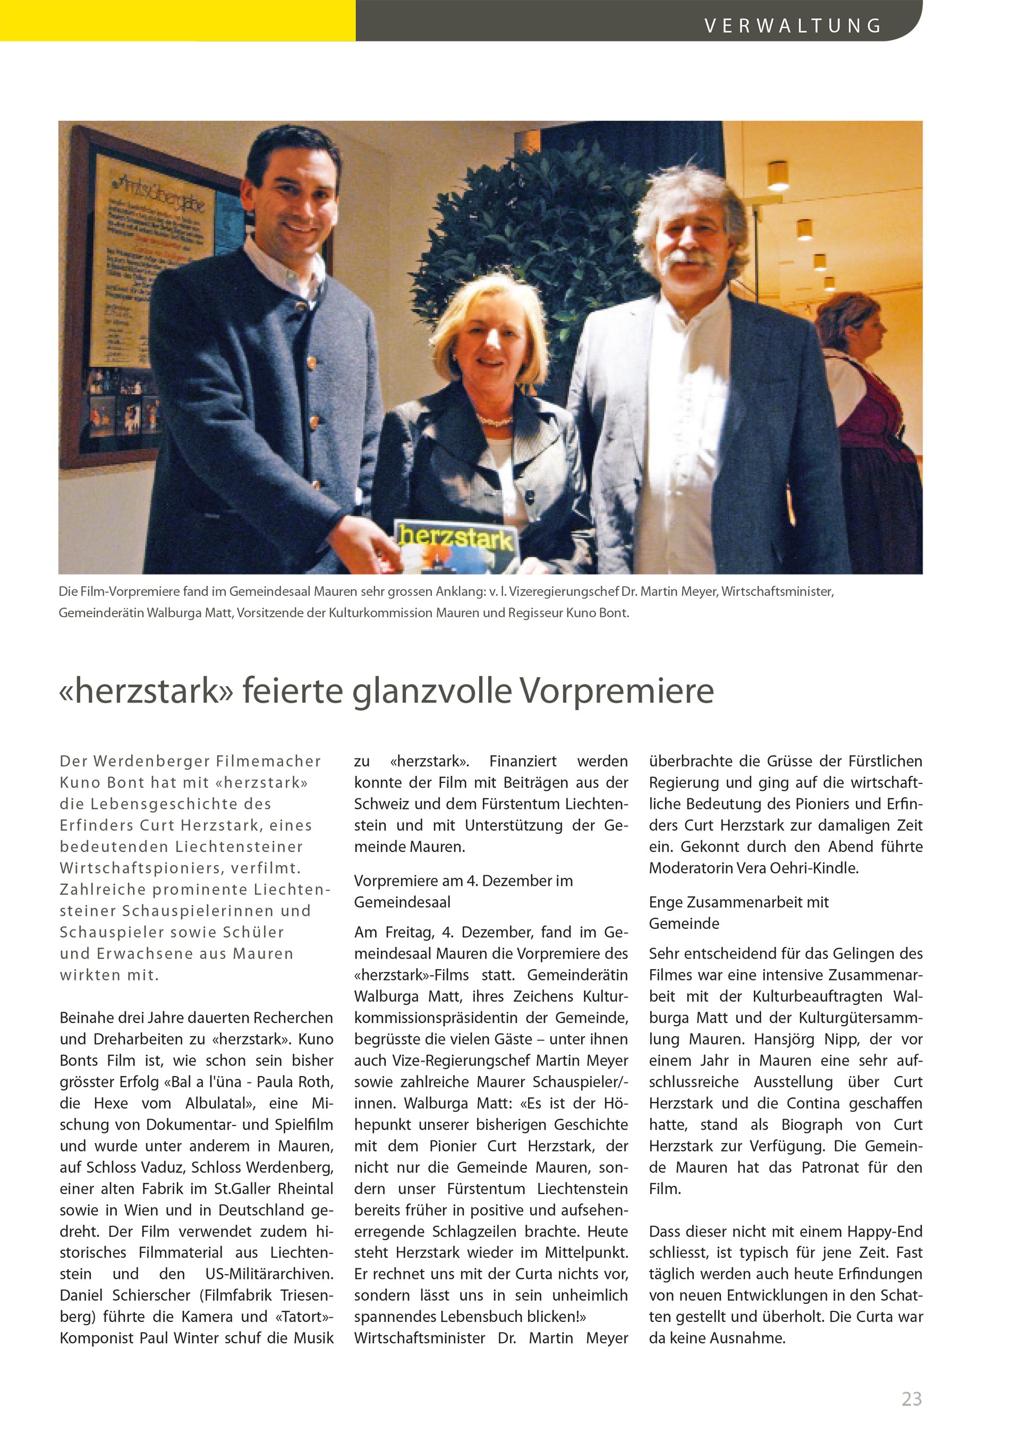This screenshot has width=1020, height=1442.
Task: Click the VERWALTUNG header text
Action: click(x=793, y=25)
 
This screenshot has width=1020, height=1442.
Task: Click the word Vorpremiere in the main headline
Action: click(x=617, y=691)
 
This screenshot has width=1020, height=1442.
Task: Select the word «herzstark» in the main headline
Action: click(x=146, y=691)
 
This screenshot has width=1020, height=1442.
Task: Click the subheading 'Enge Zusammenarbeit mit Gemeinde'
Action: click(x=738, y=912)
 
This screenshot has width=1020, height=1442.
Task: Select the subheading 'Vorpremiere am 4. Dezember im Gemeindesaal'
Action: click(x=463, y=891)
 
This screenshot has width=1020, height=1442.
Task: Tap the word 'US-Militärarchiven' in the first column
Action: click(x=269, y=1274)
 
